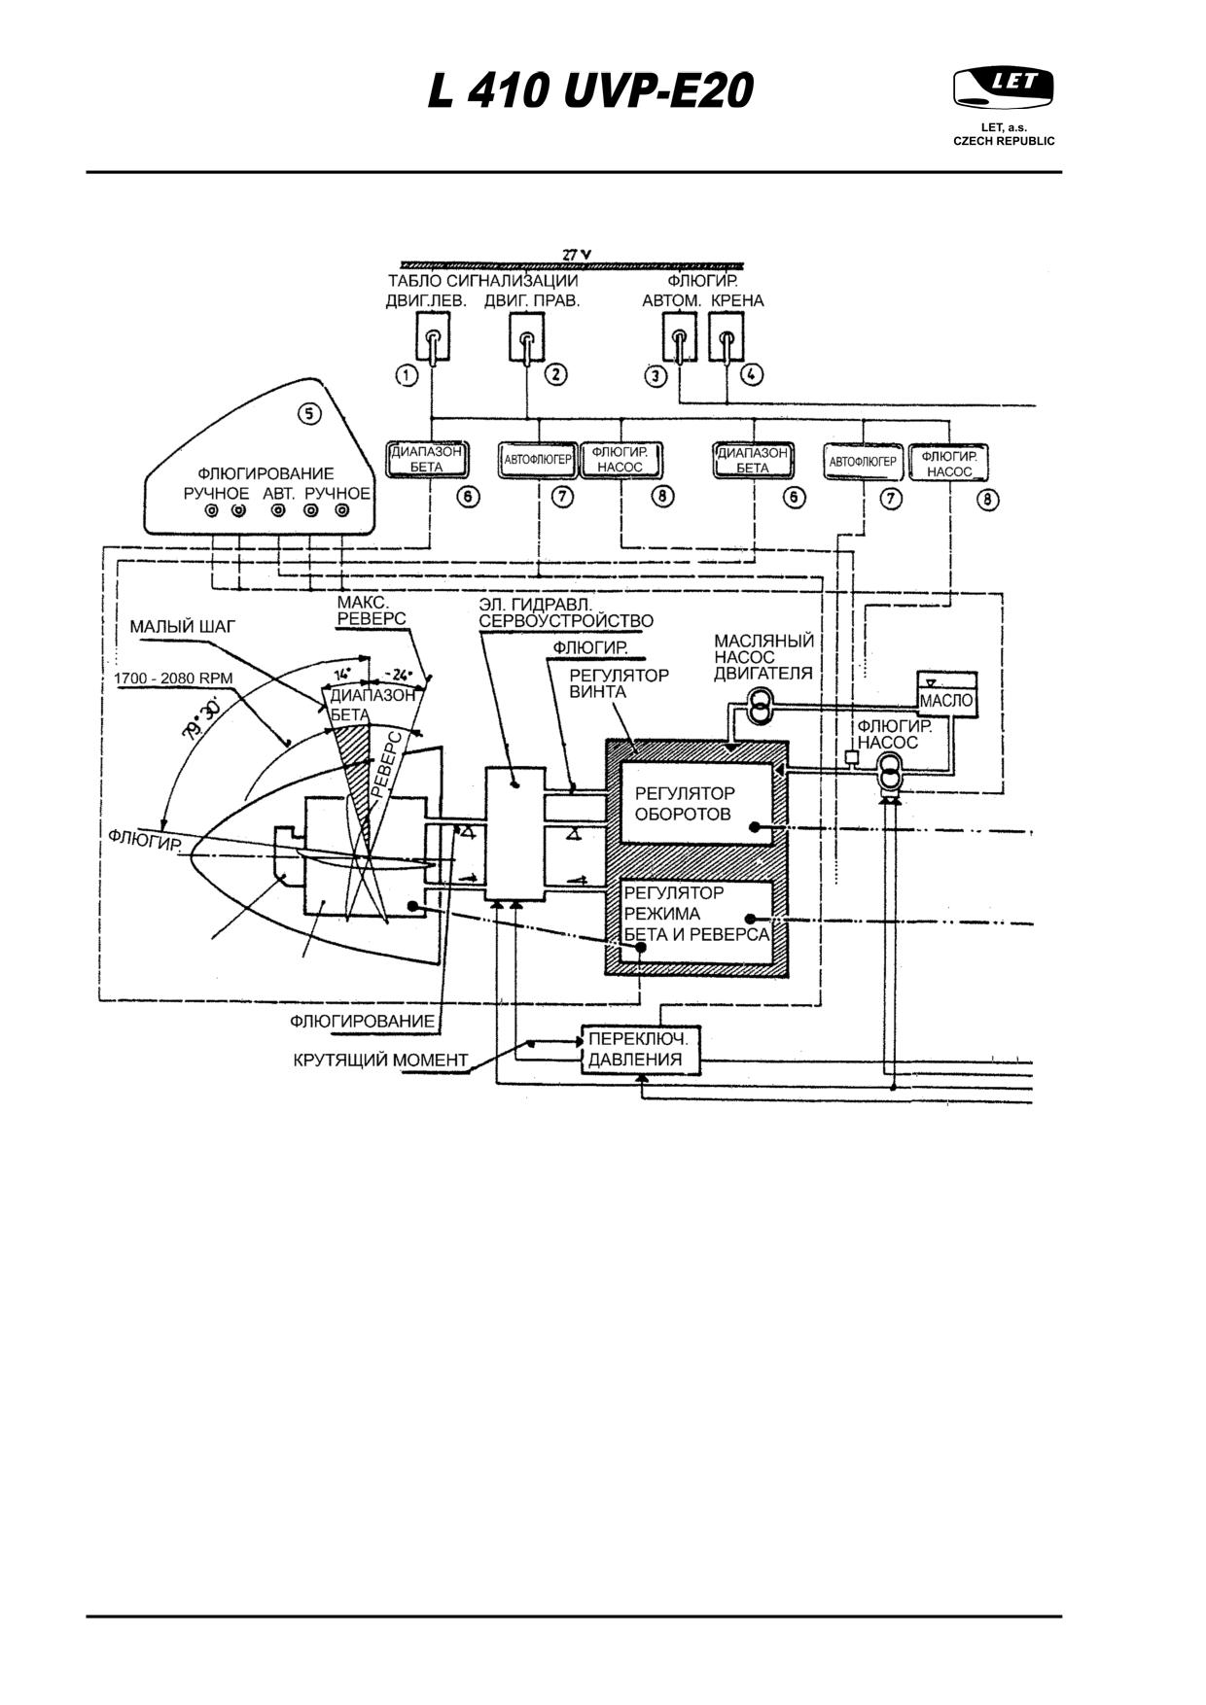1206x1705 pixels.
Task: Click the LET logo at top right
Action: coord(1003,88)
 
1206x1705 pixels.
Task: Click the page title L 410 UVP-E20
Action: coord(590,92)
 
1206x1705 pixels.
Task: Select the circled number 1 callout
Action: coord(407,375)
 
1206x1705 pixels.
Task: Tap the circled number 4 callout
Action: coord(752,373)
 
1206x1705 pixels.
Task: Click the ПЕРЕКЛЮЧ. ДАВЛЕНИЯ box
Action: coord(641,1049)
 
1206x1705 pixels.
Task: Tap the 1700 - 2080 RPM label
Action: coord(173,678)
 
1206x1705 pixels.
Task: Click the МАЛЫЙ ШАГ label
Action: coord(182,627)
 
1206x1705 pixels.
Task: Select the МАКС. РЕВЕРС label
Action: coord(372,610)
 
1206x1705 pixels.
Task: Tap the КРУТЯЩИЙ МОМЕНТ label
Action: coord(380,1060)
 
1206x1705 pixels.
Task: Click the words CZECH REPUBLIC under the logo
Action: coord(1004,141)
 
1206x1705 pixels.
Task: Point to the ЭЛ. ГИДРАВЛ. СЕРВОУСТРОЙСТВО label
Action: coord(566,612)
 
